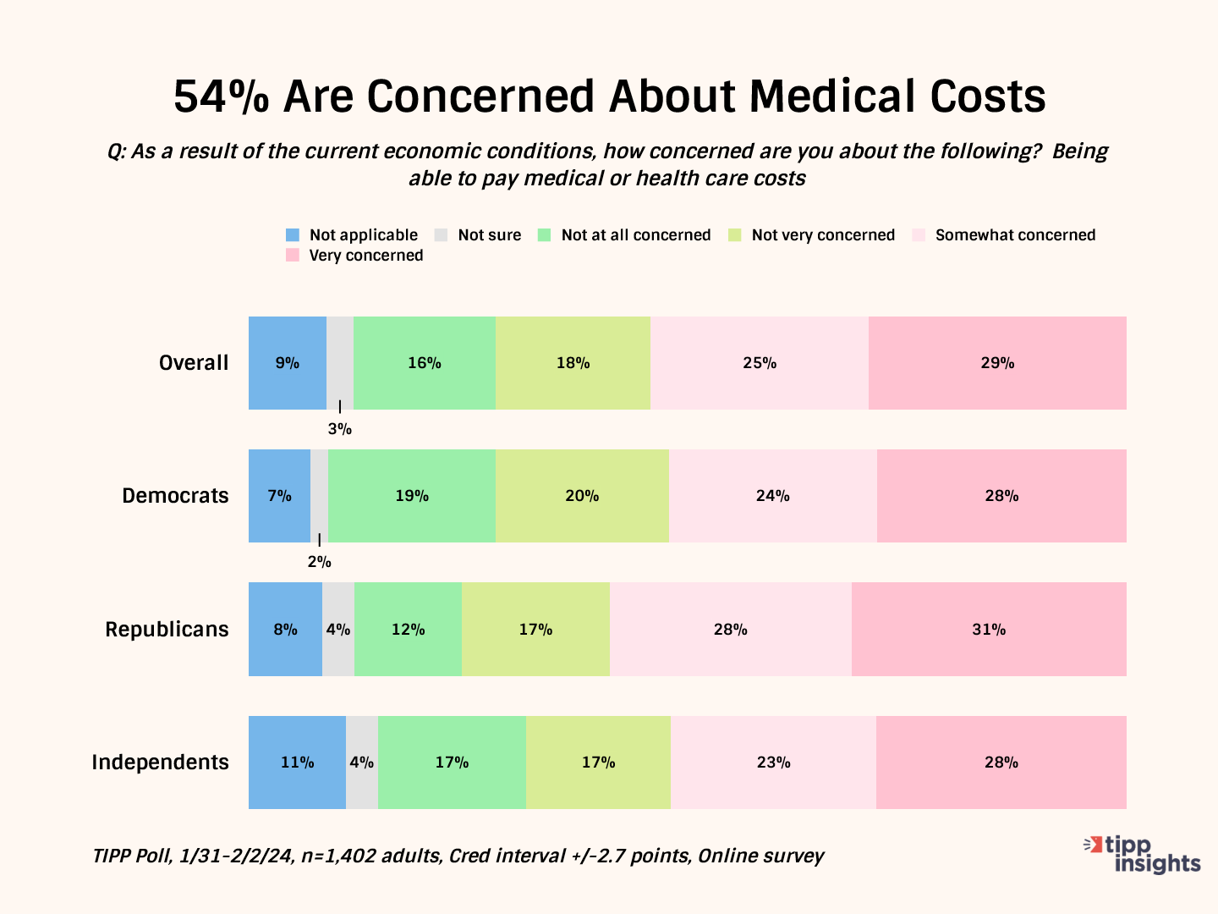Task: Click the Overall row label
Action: (194, 363)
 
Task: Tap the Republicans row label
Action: (167, 630)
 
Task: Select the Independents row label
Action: (160, 763)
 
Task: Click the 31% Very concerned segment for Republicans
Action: (988, 630)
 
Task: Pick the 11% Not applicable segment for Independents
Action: (297, 763)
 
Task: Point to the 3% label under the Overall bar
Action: (340, 429)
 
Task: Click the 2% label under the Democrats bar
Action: (319, 562)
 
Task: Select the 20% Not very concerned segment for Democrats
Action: (582, 496)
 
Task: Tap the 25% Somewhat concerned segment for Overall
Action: (759, 363)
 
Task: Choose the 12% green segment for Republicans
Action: (408, 630)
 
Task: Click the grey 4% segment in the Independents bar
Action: (362, 763)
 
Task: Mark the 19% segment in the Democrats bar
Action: (412, 496)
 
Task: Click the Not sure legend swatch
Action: (441, 235)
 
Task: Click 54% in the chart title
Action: (222, 96)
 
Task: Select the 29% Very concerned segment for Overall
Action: (997, 363)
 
